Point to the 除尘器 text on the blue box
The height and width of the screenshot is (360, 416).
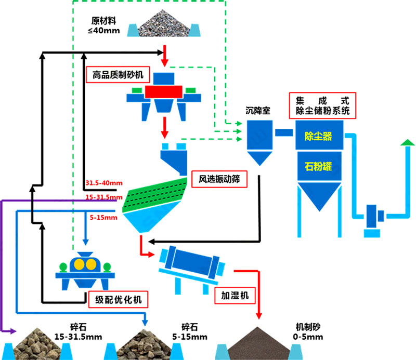317,137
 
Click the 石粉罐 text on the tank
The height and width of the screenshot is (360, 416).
317,167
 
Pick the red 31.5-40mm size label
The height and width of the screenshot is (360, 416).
104,183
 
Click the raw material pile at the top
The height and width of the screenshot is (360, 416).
165,24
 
